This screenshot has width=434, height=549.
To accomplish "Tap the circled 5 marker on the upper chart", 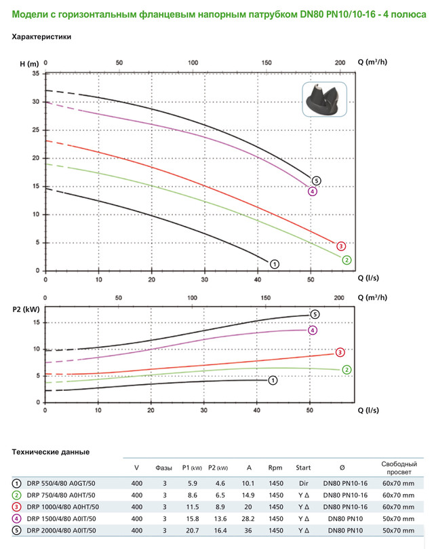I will [x=316, y=181].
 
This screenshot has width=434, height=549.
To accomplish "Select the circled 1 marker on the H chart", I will [x=274, y=263].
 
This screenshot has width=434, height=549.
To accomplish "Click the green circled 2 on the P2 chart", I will [x=347, y=370].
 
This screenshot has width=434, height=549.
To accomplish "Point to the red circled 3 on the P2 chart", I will [x=340, y=352].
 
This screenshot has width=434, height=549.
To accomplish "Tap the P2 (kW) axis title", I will [x=25, y=309].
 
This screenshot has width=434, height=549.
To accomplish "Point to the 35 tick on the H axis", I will [x=35, y=73].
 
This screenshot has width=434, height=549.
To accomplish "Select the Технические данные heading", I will [x=51, y=452].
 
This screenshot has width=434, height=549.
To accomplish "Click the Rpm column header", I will [x=275, y=468].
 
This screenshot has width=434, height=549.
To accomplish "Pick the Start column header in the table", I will [x=303, y=468].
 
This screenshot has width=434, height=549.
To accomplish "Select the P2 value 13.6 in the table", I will [x=220, y=518].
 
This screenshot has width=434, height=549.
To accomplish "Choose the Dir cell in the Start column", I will [x=303, y=483].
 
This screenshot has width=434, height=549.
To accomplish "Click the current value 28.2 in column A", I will [x=249, y=518].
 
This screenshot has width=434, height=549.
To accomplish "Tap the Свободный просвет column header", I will [x=397, y=467].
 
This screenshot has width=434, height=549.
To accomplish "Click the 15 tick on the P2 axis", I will [x=37, y=322].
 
